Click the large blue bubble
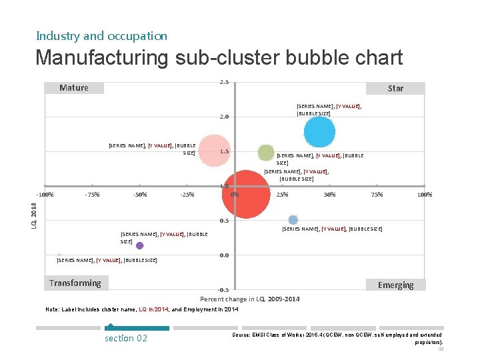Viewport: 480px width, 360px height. tap(319, 131)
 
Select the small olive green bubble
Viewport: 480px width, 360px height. tap(266, 153)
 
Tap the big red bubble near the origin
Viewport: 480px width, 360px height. tap(247, 194)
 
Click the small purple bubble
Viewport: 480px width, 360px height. tap(139, 245)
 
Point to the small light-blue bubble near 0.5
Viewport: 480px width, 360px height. tap(293, 220)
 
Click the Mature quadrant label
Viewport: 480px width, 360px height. tap(74, 88)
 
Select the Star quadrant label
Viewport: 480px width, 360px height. tap(395, 88)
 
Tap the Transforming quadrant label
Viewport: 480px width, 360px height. tap(75, 283)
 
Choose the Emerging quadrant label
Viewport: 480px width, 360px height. tap(395, 285)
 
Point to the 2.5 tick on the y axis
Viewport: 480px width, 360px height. tap(225, 82)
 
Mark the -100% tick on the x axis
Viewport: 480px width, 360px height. tap(45, 195)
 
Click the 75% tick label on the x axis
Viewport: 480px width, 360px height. tap(377, 195)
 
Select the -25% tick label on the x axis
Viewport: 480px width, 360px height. tap(187, 195)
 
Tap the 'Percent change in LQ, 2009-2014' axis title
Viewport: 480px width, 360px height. tap(250, 299)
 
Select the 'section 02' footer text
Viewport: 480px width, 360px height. tap(126, 338)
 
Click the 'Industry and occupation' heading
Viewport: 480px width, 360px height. tap(101, 36)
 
